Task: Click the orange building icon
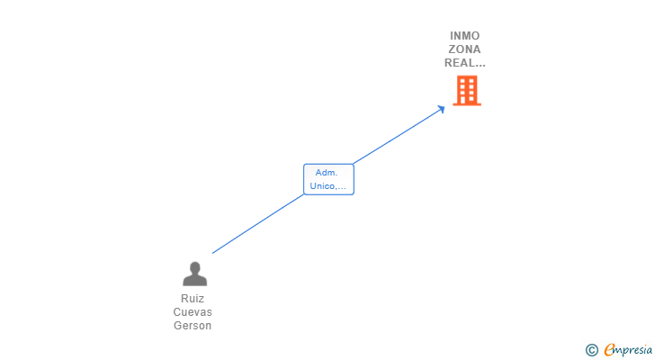(x=467, y=90)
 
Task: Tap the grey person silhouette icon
(x=194, y=274)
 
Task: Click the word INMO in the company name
(x=464, y=36)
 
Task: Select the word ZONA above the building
(x=464, y=49)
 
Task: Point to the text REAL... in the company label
(x=464, y=63)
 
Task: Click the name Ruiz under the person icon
(x=193, y=299)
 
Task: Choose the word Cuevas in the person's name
(x=193, y=312)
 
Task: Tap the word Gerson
(x=193, y=325)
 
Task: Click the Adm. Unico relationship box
(x=328, y=179)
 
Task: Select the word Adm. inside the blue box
(x=327, y=173)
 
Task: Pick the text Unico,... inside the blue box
(x=327, y=186)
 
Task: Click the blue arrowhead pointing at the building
(x=440, y=110)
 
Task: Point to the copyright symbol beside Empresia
(x=591, y=350)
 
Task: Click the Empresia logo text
(x=628, y=349)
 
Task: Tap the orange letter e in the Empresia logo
(x=609, y=349)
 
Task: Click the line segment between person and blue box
(x=258, y=224)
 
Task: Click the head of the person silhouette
(x=194, y=267)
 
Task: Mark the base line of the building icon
(x=467, y=104)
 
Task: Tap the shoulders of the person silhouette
(x=194, y=281)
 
